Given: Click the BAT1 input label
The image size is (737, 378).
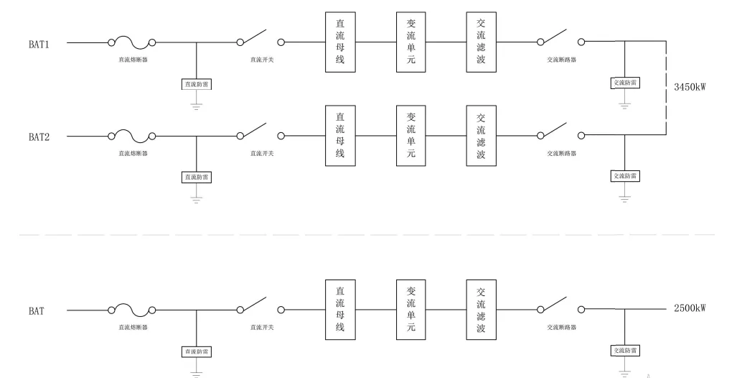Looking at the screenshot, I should (x=39, y=43).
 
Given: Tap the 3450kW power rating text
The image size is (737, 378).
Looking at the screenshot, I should (x=690, y=87).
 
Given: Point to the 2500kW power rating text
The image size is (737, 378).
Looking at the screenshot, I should (x=690, y=309).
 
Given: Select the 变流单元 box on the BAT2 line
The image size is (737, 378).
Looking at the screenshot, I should (x=411, y=135).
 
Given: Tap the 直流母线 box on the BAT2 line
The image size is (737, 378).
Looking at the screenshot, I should (x=340, y=135).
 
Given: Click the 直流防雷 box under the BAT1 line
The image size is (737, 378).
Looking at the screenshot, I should (x=197, y=84).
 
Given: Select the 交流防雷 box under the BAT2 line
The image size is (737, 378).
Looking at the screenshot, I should (x=625, y=175).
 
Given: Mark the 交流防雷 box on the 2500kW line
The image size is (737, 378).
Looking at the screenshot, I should (x=625, y=350).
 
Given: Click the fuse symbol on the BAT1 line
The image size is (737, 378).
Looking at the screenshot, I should (x=132, y=43).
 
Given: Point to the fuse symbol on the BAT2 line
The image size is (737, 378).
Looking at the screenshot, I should (x=132, y=135).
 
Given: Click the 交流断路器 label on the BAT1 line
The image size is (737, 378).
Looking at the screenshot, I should (x=561, y=60).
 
